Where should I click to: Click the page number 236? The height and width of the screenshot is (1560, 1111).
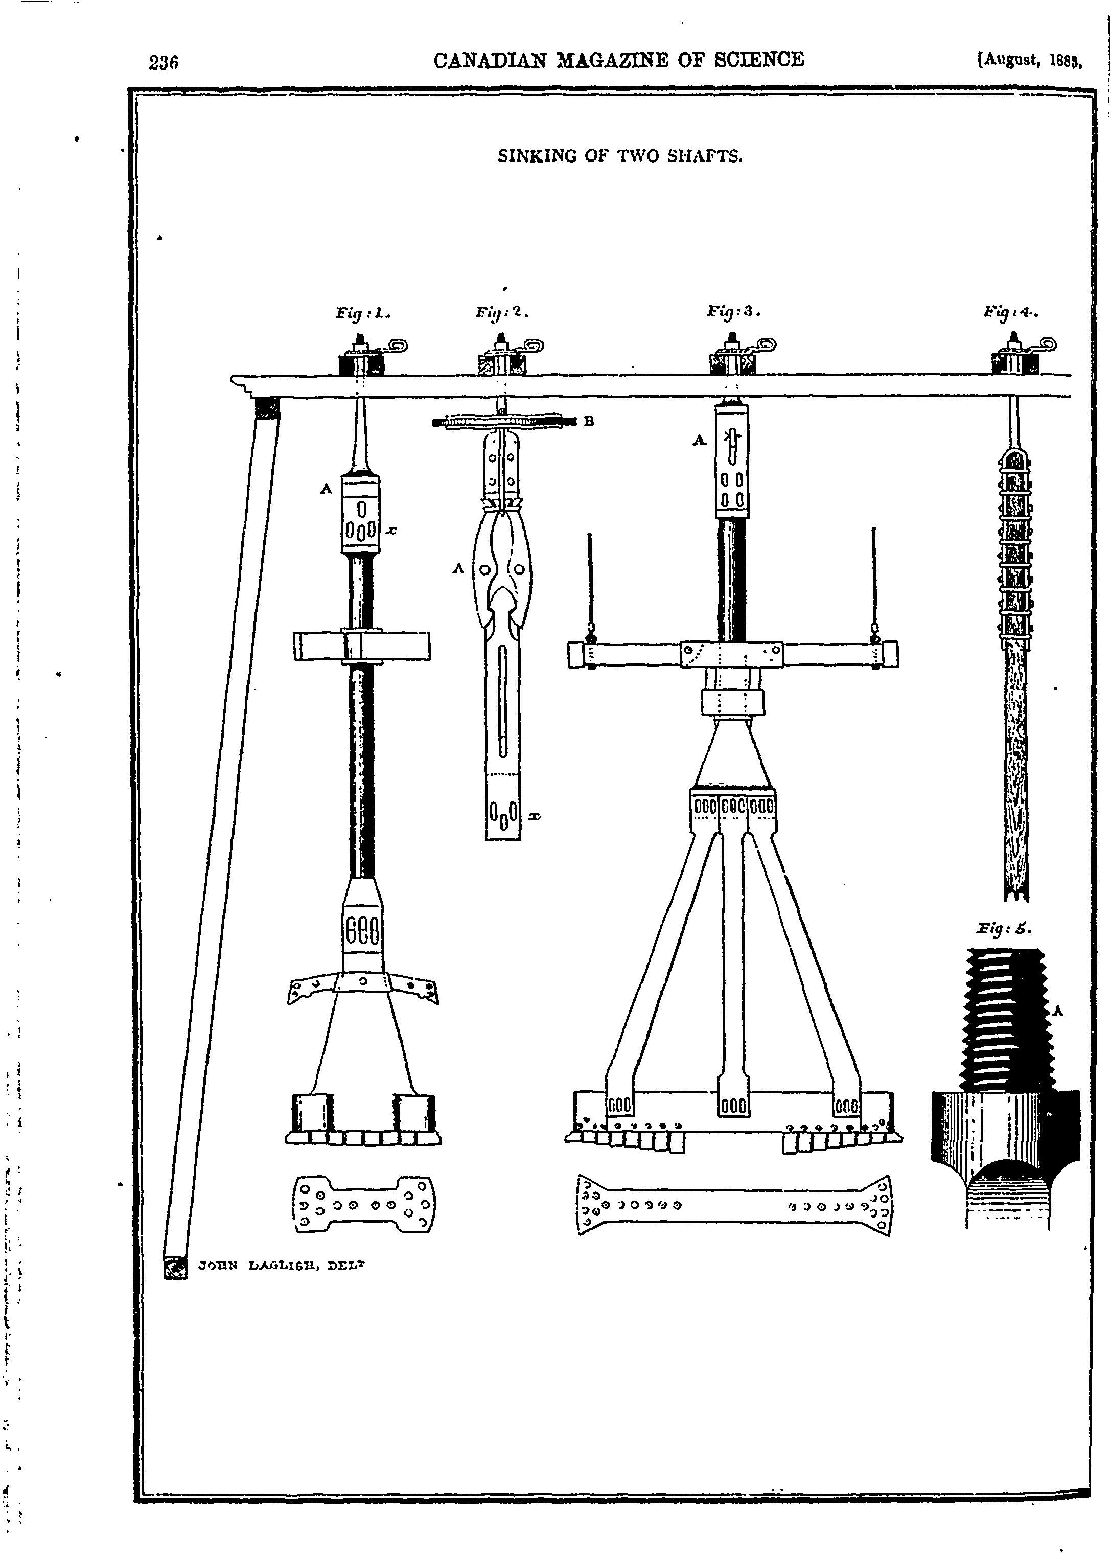pos(164,63)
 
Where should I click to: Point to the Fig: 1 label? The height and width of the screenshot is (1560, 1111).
pos(362,314)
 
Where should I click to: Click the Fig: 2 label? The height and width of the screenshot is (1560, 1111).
pos(503,313)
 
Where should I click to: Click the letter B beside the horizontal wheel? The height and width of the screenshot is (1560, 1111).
pos(588,422)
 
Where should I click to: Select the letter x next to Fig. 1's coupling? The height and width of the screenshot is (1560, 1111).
pos(392,530)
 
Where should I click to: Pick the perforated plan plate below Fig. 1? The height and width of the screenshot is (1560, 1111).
pos(364,1204)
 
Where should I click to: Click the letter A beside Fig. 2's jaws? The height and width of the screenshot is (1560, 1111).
pos(458,568)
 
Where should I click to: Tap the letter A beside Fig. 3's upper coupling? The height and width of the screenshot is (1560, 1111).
pos(699,441)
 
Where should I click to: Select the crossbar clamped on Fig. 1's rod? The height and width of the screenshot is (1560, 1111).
pos(362,646)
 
